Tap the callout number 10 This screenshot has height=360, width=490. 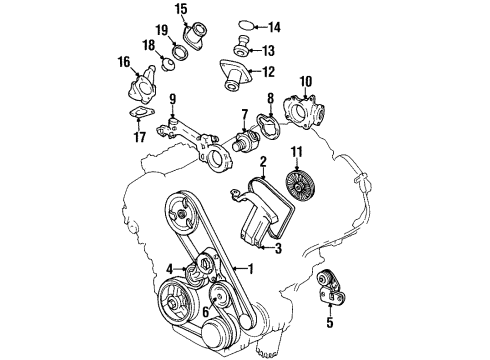(x=306, y=80)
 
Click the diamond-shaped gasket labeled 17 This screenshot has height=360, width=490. (x=138, y=143)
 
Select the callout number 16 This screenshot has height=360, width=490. (x=124, y=62)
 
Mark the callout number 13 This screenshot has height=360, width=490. (x=267, y=50)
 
